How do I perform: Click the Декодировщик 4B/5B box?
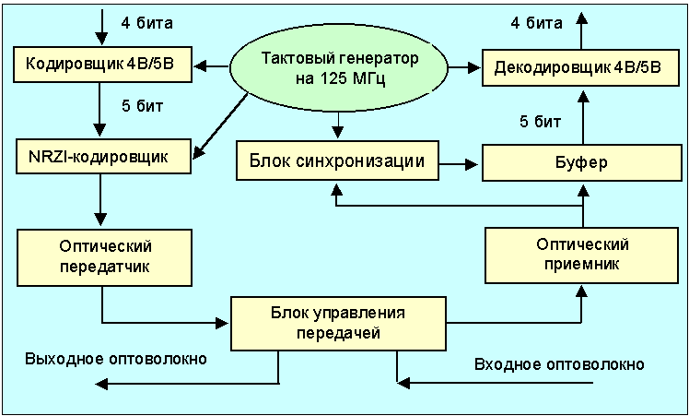tap(578, 66)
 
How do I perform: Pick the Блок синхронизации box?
tap(336, 162)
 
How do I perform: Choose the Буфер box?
tap(581, 163)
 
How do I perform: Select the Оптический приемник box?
tap(581, 254)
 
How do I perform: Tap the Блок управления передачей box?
tap(339, 321)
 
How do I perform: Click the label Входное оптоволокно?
tap(558, 363)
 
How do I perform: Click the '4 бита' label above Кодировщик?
tap(148, 20)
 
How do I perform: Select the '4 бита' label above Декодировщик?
tap(536, 22)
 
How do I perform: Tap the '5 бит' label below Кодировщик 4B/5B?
tap(142, 106)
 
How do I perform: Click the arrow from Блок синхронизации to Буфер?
tap(461, 164)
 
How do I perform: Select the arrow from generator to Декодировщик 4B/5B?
tap(464, 66)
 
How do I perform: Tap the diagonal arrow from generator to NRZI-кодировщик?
tap(222, 120)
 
